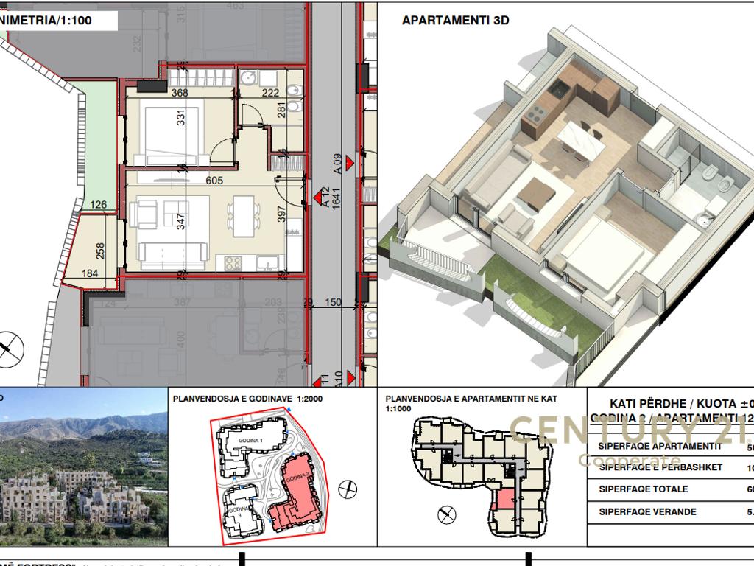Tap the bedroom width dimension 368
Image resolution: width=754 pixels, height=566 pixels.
tap(180, 93)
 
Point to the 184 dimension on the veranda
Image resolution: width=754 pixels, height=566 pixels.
tap(90, 274)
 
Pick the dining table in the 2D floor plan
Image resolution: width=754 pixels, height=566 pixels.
tap(242, 212)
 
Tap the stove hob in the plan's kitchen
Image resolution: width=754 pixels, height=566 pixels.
tap(233, 262)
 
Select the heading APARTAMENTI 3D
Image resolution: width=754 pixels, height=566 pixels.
tap(455, 21)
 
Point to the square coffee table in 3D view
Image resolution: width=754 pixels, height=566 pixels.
tap(535, 194)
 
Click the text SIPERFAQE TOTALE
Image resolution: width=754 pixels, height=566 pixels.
tap(643, 489)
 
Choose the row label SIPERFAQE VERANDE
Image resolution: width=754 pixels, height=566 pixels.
tap(647, 511)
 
